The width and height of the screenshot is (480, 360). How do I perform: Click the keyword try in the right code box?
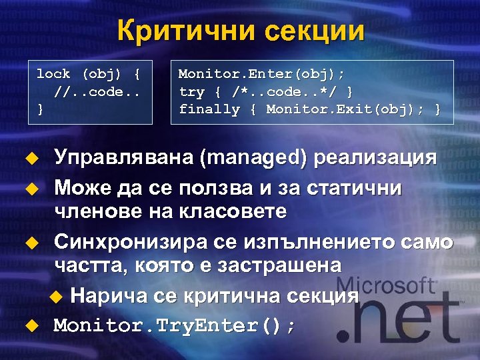coord(191,91)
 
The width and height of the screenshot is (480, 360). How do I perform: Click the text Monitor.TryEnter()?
coord(175,325)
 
